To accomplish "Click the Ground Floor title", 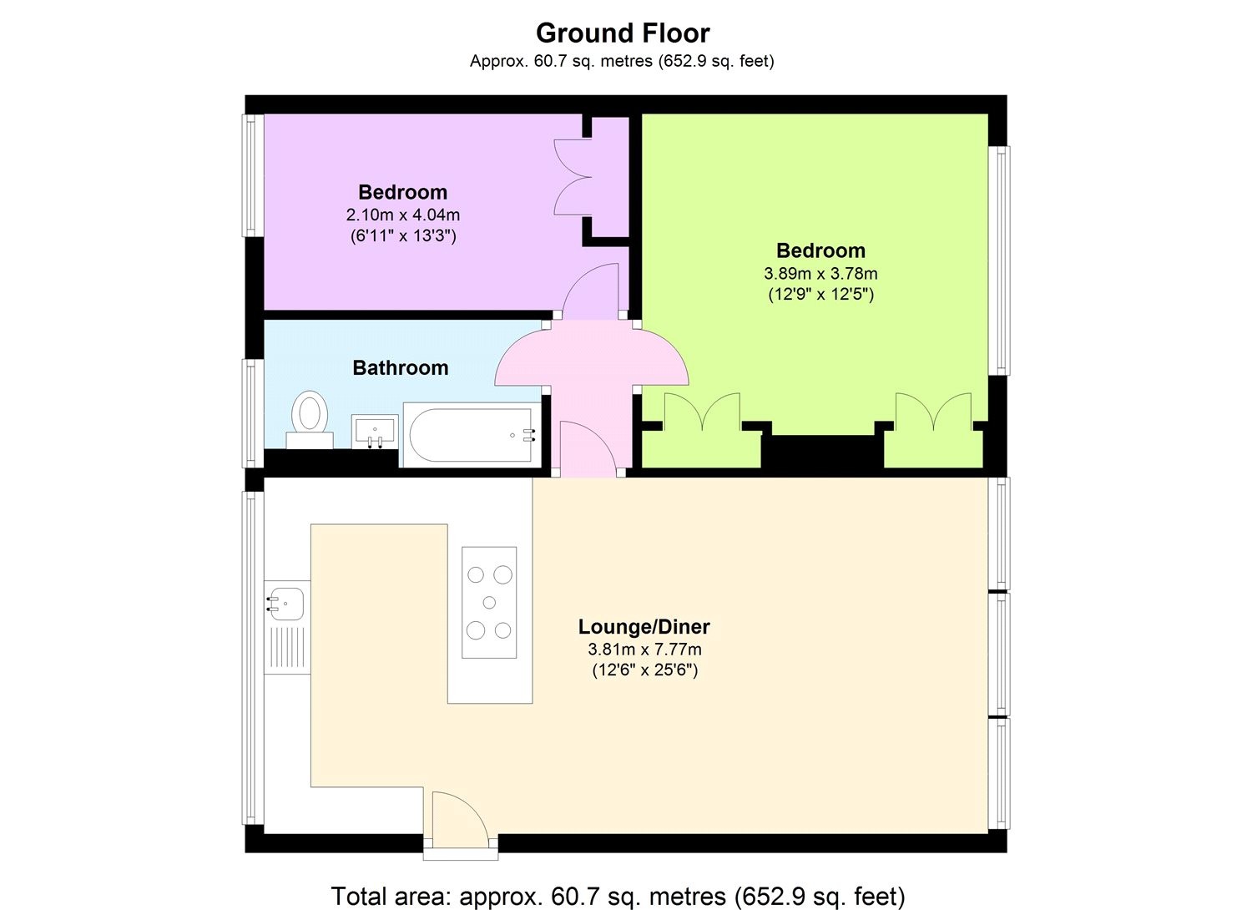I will point(622,33).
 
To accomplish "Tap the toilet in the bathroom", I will point(310,417).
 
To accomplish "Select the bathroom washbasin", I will point(375,431).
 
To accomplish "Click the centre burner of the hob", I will point(489,603).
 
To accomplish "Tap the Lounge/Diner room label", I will point(644,627).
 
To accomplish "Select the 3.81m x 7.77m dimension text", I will point(644,650).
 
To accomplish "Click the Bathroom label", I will point(400,368).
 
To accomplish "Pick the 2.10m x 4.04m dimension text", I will point(402,215).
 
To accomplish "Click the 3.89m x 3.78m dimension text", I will point(820,274).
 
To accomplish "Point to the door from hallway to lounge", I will point(588,448).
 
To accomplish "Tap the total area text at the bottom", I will point(618,896).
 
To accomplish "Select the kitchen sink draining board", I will point(286,648).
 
